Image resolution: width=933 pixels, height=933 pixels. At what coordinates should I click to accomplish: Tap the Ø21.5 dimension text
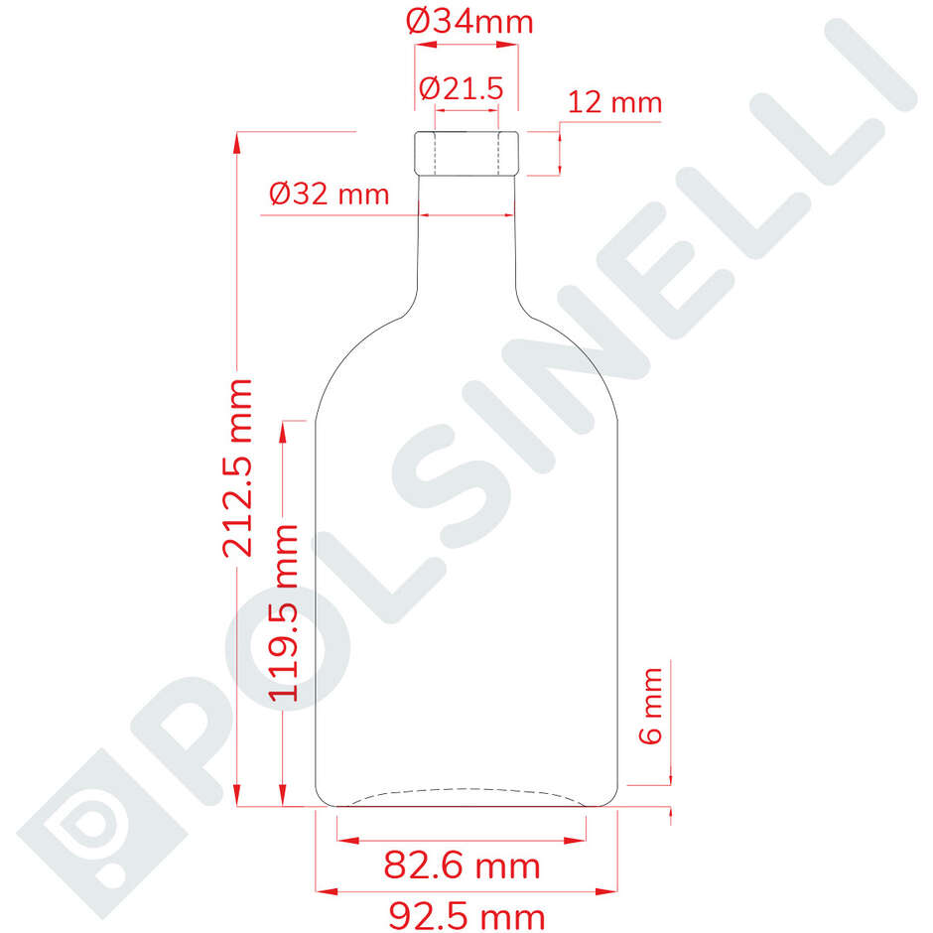coord(462,88)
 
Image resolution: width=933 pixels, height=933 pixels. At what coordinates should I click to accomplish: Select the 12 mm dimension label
coord(615,102)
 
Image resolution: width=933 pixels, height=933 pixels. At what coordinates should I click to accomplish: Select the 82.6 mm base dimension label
coord(463,866)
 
